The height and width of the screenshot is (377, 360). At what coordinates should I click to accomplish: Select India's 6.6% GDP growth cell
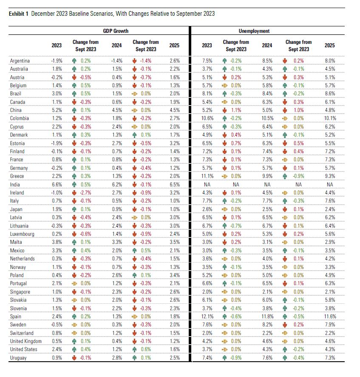[x=57, y=184]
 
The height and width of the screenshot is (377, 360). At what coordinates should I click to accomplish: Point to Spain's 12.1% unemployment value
[x=207, y=316]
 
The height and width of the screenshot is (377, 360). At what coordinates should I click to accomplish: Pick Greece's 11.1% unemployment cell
[x=207, y=176]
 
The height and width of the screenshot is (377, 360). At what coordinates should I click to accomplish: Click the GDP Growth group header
[x=116, y=31]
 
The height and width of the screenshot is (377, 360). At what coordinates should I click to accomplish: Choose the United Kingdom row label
[x=26, y=341]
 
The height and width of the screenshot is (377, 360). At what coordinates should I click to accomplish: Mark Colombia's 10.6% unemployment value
[x=207, y=118]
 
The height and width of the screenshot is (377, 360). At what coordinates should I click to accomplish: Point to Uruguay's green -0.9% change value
[x=235, y=357]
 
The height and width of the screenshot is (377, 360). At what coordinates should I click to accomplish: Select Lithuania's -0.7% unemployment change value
[x=235, y=226]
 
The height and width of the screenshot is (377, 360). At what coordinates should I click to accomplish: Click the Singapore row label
[x=20, y=291]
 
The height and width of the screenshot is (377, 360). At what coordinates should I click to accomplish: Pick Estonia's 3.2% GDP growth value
[x=174, y=143]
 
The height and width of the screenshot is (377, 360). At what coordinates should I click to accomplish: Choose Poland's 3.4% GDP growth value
[x=174, y=275]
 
